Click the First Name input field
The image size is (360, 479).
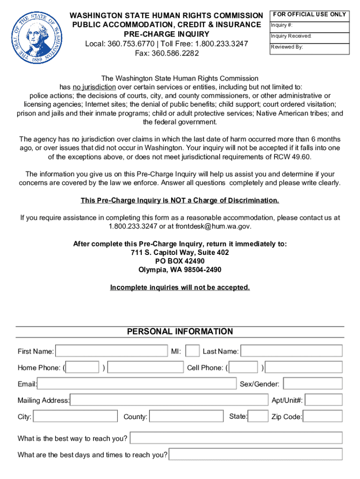(112, 351)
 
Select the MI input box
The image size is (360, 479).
(192, 351)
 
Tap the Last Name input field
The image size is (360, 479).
(291, 351)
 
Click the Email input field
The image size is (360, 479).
(137, 384)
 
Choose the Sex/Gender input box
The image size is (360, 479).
(313, 384)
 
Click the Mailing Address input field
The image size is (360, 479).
(169, 400)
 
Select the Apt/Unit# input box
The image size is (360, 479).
(324, 400)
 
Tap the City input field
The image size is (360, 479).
(76, 416)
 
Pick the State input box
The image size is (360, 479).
(258, 416)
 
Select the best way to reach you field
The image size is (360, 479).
(236, 438)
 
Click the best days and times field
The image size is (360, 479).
(255, 454)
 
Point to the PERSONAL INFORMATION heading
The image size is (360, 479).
(180, 332)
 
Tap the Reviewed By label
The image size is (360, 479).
(287, 47)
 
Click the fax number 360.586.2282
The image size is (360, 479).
(166, 53)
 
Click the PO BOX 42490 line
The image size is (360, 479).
(180, 261)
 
